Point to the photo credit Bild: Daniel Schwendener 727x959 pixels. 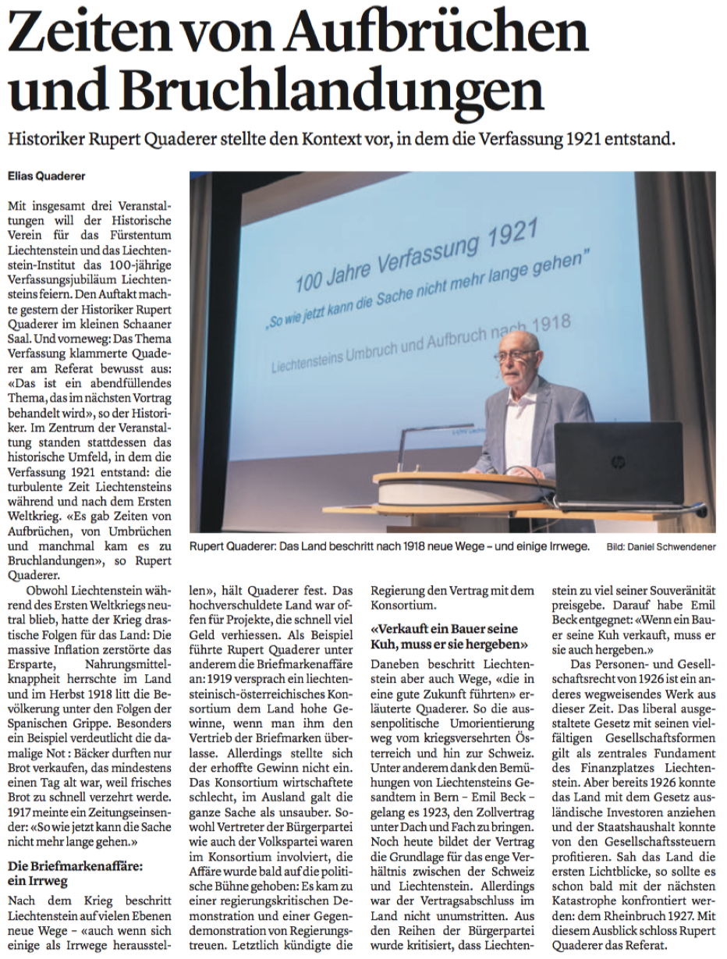(x=661, y=547)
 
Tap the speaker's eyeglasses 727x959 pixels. (x=516, y=355)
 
